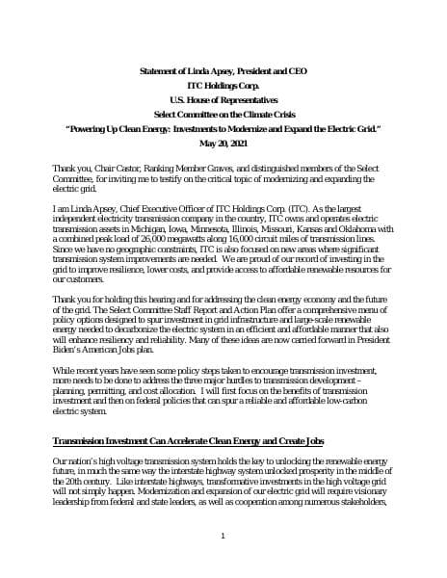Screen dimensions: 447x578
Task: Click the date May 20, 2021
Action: [223, 142]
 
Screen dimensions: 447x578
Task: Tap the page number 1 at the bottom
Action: [223, 536]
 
